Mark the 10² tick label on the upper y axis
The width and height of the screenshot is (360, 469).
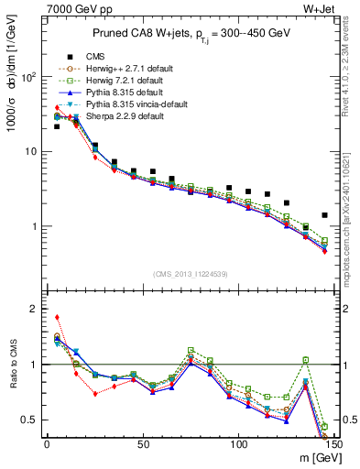(27, 77)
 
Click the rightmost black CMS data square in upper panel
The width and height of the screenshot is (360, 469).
(325, 215)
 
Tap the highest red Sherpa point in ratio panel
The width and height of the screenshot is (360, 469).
(57, 317)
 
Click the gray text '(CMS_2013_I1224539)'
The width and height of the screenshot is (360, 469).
(191, 274)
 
